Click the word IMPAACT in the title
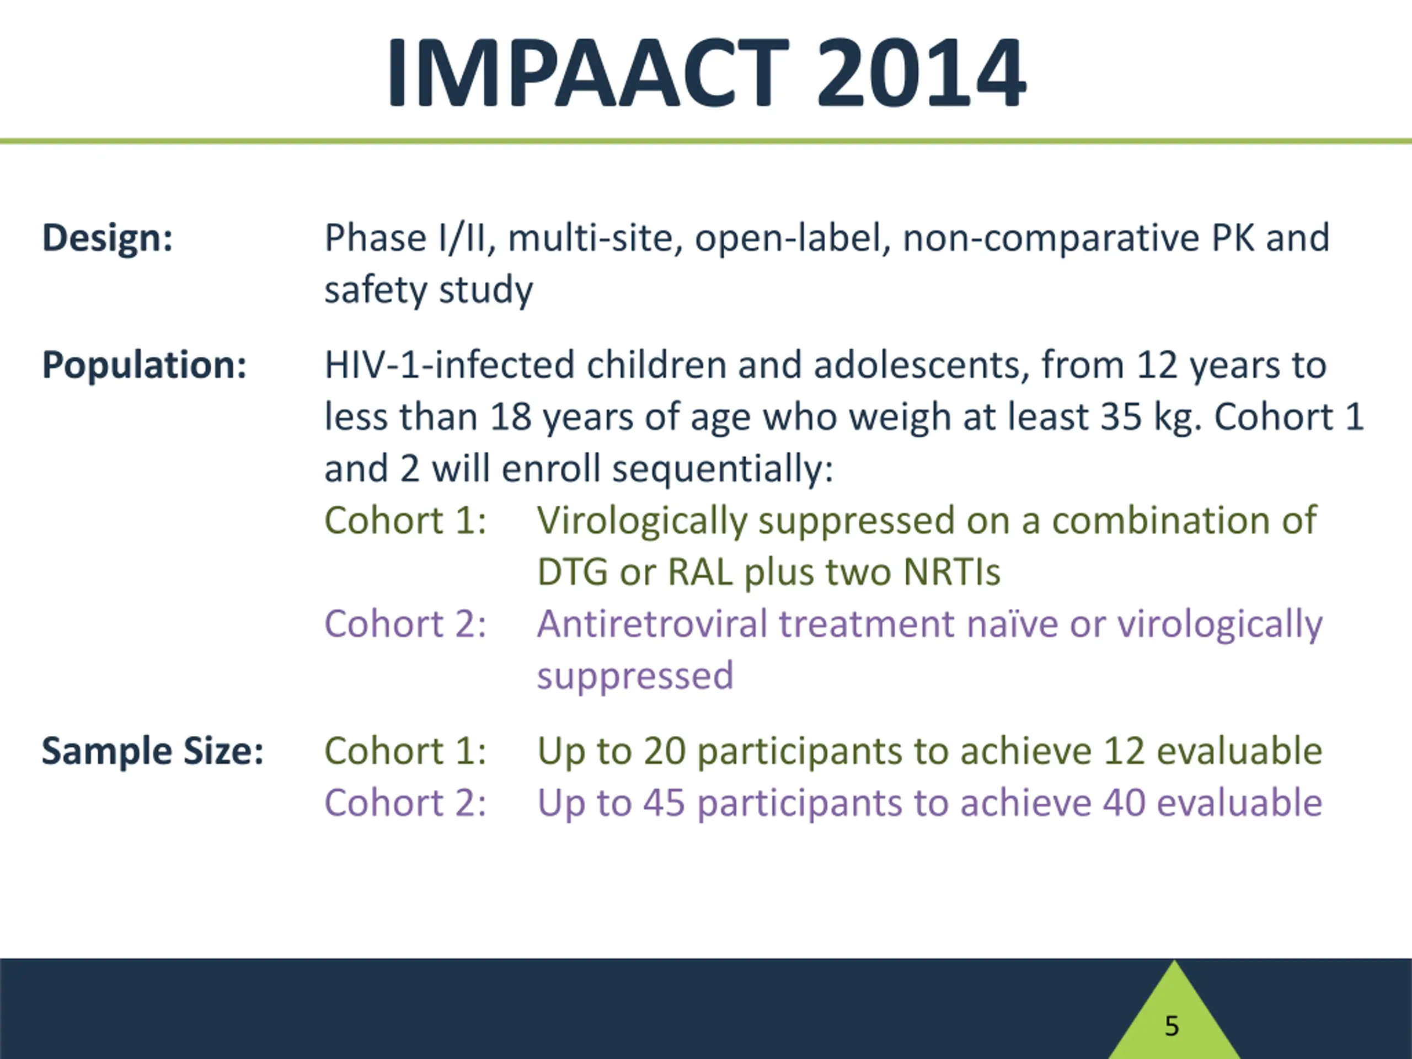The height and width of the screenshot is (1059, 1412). (x=588, y=72)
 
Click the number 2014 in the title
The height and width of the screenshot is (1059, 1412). (x=921, y=72)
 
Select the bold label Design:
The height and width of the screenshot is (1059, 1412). (x=107, y=238)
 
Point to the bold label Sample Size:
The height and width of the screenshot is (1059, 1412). (x=153, y=751)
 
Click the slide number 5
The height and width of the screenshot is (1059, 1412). (x=1172, y=1026)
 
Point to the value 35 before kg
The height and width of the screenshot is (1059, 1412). (x=1121, y=417)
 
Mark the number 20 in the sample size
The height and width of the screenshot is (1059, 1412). (x=665, y=751)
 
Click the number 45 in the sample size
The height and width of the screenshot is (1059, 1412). (x=665, y=803)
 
